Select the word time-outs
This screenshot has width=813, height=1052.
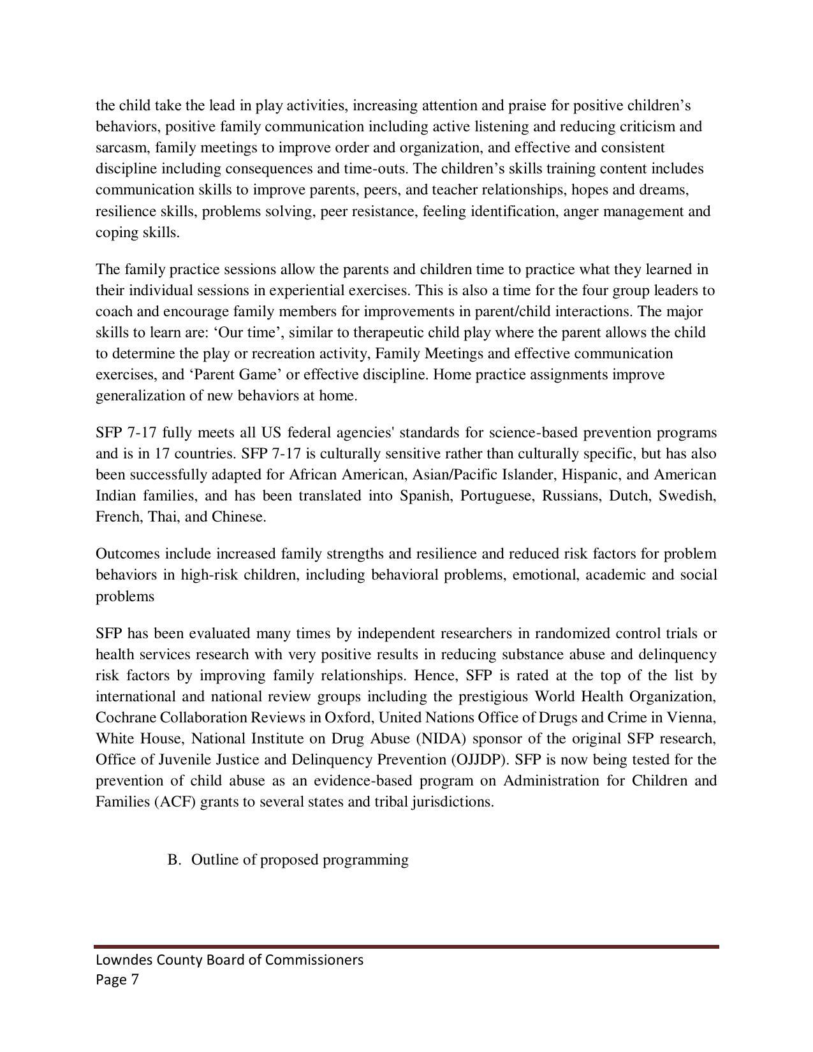pos(377,169)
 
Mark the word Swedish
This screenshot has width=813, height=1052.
pos(687,496)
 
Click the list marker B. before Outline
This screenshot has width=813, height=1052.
pos(175,860)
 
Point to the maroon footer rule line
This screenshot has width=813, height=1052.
pos(406,947)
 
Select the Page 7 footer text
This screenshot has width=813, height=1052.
pos(117,980)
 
